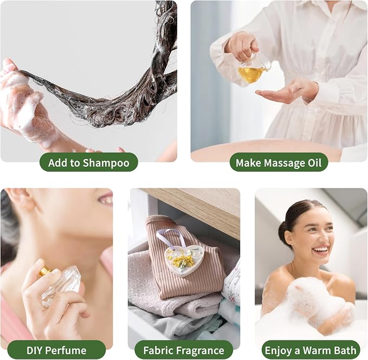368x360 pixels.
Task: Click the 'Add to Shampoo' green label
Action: tap(89, 162)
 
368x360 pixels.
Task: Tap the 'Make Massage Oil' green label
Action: tap(279, 162)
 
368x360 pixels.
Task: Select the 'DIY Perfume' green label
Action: tap(56, 350)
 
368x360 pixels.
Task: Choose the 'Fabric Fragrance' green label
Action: tap(184, 350)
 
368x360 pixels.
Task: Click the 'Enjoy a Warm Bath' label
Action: tap(311, 350)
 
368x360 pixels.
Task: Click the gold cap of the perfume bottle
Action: tap(46, 271)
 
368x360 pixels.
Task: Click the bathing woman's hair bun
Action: tap(283, 232)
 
